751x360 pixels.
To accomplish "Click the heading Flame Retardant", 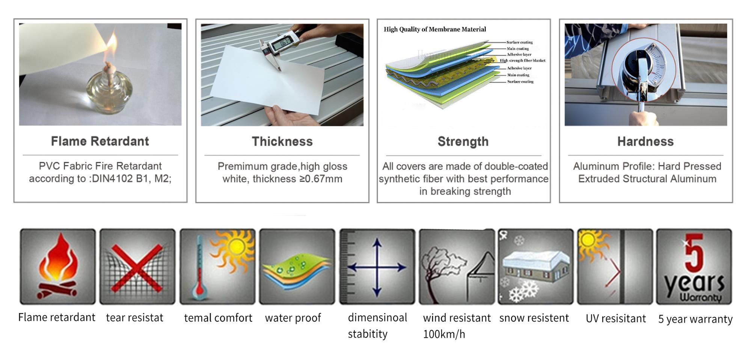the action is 100,141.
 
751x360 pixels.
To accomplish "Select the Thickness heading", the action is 282,142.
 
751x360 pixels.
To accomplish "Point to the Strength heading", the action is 463,142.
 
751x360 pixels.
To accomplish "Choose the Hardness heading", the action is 645,142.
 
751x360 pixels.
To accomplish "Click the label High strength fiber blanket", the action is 522,60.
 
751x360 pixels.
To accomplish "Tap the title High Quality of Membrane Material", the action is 434,29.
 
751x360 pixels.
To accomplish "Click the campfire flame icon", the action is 58,266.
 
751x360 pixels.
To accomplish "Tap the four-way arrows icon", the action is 377,268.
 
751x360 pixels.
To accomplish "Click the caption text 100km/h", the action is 444,334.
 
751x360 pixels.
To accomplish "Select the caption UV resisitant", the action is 616,318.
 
